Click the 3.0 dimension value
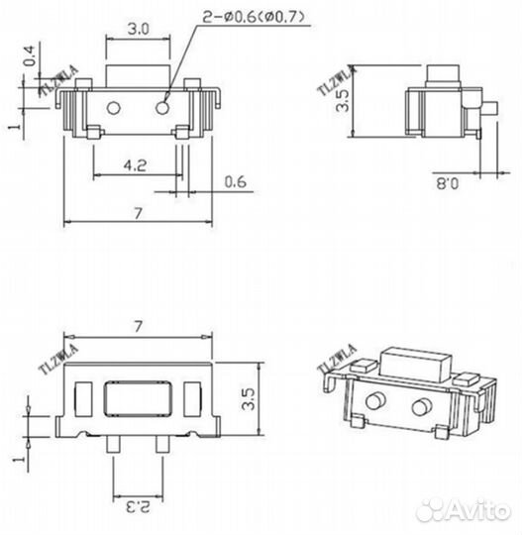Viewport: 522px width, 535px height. point(138,30)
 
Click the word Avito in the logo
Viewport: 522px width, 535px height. point(479,510)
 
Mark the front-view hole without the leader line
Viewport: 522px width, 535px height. point(116,106)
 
